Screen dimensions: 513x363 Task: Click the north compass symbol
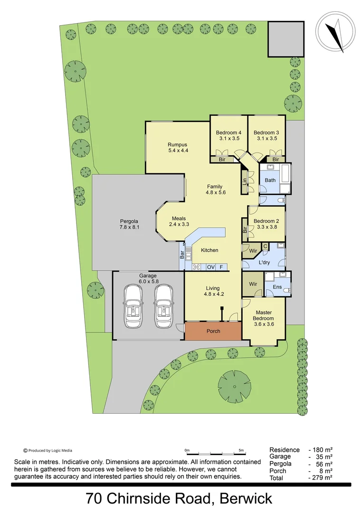coord(336,32)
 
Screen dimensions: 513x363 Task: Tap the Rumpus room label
coord(178,147)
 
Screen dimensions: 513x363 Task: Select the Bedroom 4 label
coord(229,135)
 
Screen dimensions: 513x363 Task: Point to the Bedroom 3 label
coord(266,135)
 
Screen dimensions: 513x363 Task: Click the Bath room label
coord(270,180)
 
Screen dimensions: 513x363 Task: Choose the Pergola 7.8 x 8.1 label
coord(129,224)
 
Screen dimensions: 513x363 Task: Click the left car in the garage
coord(134,306)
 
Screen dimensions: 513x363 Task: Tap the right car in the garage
coord(164,306)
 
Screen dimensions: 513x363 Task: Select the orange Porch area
coord(213,331)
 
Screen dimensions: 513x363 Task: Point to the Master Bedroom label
coord(264,315)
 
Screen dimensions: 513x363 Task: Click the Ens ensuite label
coord(277,287)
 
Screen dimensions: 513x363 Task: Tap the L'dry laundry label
coord(264,262)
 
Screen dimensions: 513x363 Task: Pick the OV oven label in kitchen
coord(210,267)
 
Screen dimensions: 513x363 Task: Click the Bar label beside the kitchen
coord(182,255)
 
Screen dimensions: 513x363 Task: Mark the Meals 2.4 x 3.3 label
coord(179,221)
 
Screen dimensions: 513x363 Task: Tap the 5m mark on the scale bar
coord(241,450)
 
